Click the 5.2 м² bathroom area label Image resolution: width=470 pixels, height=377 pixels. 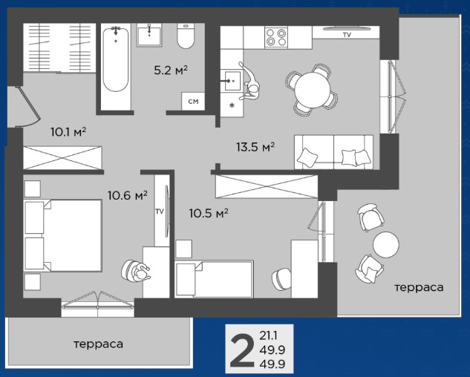(171, 71)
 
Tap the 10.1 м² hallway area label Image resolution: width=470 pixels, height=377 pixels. (68, 131)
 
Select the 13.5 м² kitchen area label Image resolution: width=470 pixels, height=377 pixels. (255, 147)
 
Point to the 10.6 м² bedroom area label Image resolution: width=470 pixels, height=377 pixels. (128, 195)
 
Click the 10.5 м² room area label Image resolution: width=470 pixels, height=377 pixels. (209, 213)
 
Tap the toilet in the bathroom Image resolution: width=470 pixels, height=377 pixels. (186, 36)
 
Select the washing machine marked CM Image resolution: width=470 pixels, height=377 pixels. (193, 101)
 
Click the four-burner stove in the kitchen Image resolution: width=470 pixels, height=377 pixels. (276, 37)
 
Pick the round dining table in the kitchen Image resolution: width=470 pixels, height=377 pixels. (313, 91)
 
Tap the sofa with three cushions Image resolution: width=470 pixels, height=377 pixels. (333, 152)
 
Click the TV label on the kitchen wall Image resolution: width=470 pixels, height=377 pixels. (347, 35)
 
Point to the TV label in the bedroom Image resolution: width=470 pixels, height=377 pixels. (160, 212)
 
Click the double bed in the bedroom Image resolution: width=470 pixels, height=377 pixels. (62, 236)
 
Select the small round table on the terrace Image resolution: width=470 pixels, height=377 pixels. (386, 245)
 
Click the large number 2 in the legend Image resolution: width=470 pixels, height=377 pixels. (241, 351)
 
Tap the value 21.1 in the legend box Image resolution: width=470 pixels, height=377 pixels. (268, 335)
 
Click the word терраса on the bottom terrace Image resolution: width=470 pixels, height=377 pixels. (98, 344)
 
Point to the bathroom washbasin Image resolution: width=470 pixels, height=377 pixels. (149, 35)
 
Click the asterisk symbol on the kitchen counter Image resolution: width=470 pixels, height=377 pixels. (232, 105)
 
